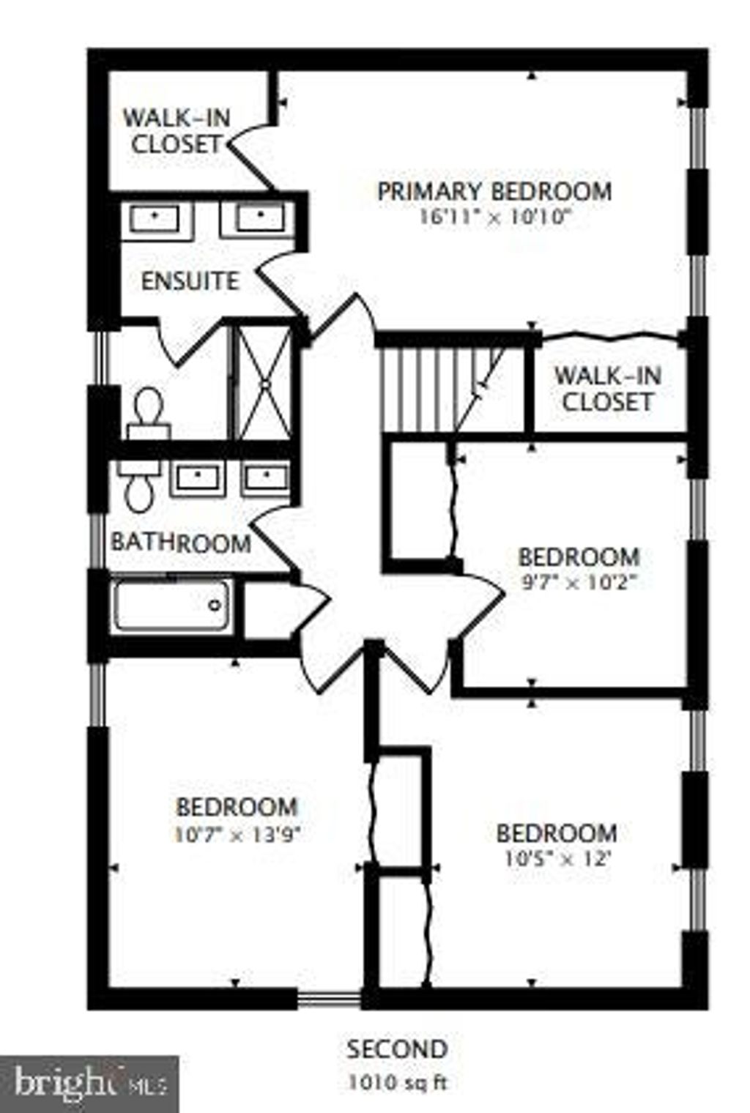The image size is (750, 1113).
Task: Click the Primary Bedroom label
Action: (494, 192)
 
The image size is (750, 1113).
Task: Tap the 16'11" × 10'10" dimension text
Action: (494, 217)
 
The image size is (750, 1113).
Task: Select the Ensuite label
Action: (190, 281)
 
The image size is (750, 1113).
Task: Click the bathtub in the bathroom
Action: (171, 606)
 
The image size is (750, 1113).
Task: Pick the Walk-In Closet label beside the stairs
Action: (608, 389)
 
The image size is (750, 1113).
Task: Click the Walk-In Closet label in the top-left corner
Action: (177, 132)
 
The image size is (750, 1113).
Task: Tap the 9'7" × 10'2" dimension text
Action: (579, 582)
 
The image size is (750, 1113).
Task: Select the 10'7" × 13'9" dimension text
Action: (238, 835)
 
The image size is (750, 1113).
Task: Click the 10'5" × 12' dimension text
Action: (557, 859)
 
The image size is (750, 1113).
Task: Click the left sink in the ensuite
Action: (155, 218)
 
